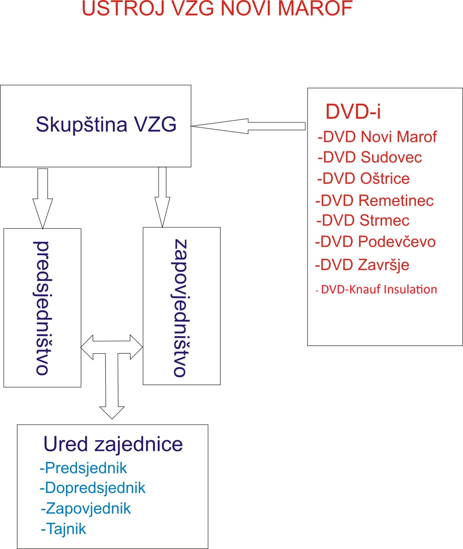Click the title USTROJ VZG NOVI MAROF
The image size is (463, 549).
click(x=217, y=9)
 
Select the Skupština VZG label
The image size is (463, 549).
click(x=106, y=124)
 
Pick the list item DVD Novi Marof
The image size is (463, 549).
click(x=377, y=137)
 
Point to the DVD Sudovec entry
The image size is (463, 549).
click(x=370, y=157)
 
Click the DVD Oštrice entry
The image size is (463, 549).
click(x=363, y=179)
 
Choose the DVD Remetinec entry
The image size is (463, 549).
click(x=375, y=201)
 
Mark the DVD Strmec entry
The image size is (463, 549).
click(x=363, y=220)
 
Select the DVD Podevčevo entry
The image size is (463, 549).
click(x=375, y=242)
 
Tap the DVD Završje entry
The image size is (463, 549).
click(x=362, y=265)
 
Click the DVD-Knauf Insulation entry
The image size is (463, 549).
click(x=376, y=290)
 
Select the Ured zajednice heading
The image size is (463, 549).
click(x=113, y=444)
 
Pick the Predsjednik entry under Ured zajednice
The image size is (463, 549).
click(x=84, y=468)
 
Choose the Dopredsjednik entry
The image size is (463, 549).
click(x=93, y=488)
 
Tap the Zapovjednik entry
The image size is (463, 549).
click(x=86, y=509)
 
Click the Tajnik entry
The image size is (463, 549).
click(x=64, y=529)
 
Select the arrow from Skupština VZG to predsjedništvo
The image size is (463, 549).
click(x=43, y=198)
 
